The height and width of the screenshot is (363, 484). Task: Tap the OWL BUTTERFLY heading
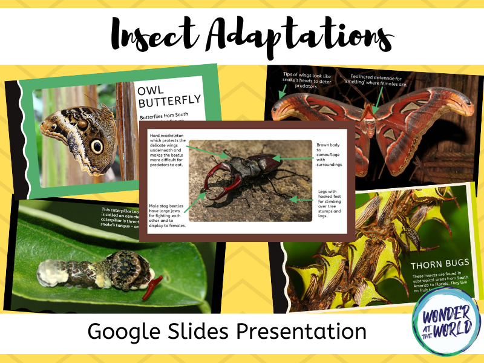(x=169, y=97)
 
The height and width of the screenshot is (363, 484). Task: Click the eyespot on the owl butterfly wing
(x=97, y=146)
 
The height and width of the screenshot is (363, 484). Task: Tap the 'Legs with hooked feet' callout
(x=332, y=203)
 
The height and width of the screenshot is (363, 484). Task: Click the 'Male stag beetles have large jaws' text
(x=167, y=215)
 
